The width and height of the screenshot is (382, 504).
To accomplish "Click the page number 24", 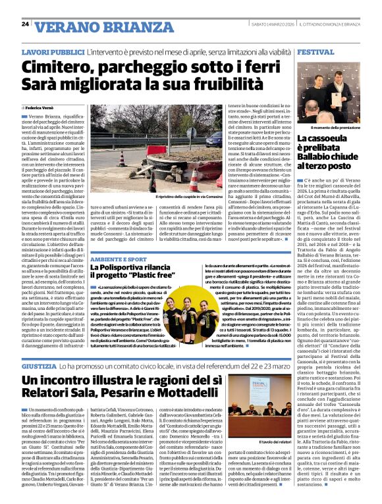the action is click(x=24, y=24).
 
